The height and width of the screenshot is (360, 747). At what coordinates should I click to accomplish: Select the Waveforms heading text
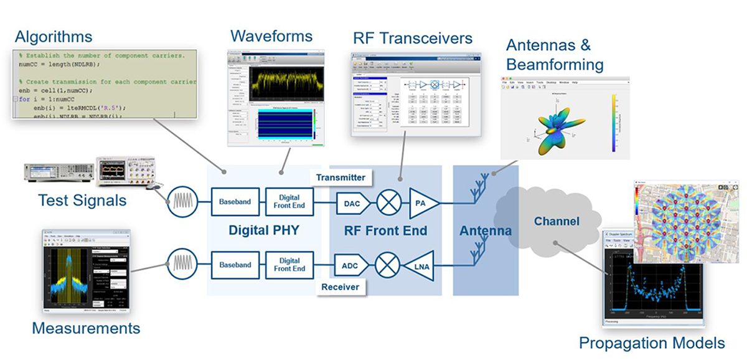coord(271,34)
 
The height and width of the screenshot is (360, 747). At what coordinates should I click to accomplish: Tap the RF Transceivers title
coord(411,38)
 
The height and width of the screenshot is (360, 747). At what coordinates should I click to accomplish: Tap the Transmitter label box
coord(340,177)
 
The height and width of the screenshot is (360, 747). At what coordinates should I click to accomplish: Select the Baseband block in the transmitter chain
coord(234,202)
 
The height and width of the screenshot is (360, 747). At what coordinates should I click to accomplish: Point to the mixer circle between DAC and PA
coord(389,202)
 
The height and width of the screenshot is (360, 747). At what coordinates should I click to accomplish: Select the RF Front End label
coord(385,230)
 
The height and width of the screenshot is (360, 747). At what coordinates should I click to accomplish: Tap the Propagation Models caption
coord(651,343)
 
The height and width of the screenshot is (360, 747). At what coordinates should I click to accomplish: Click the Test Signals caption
coord(82,200)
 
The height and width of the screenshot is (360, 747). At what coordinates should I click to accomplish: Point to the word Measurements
coord(85,328)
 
